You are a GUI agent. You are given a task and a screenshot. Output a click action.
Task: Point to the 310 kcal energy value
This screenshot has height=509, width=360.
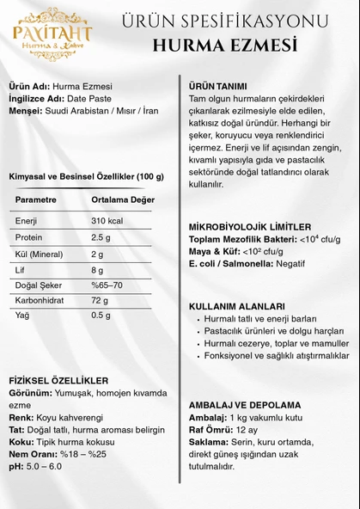pos(107,221)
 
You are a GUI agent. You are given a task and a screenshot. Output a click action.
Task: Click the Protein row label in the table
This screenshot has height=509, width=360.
pos(27,237)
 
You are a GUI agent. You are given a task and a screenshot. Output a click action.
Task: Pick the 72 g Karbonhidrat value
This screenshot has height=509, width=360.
pos(100,300)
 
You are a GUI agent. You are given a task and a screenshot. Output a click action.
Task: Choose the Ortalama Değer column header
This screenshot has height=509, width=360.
pos(123,199)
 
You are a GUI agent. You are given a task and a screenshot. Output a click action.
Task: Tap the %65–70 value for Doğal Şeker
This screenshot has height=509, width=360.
pos(108,285)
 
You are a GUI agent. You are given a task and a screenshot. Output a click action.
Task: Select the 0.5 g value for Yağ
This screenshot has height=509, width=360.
pos(101,316)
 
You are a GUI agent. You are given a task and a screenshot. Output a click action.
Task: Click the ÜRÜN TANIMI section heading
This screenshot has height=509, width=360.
pos(218,86)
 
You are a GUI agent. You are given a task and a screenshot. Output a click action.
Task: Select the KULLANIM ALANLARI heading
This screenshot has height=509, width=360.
pos(236,306)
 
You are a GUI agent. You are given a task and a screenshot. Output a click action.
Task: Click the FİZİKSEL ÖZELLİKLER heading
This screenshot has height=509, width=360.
pos(58,379)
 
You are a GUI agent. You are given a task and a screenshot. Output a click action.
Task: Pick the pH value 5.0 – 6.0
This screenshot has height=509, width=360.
pos(43,466)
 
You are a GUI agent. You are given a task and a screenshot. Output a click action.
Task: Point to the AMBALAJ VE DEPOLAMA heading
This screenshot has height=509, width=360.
pos(245,405)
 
